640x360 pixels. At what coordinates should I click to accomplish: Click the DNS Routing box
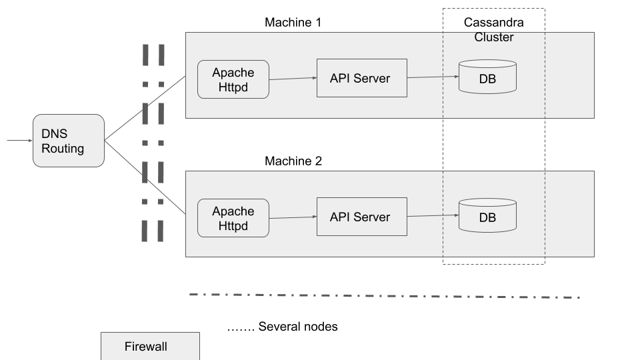(x=69, y=141)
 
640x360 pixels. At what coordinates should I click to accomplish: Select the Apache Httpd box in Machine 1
(x=233, y=80)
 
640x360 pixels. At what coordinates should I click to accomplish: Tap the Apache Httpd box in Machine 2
(x=233, y=218)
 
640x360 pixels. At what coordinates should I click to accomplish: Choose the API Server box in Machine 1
(x=361, y=78)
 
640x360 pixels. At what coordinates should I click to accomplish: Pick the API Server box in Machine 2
(x=361, y=217)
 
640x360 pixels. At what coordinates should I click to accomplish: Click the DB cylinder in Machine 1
(x=487, y=77)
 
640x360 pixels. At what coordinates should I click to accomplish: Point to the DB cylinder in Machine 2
(x=487, y=215)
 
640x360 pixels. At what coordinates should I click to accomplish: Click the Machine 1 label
(x=293, y=23)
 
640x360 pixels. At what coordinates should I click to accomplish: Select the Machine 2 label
(x=293, y=161)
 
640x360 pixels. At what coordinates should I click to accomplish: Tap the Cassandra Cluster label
(x=494, y=30)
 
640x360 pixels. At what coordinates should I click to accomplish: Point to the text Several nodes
(x=283, y=327)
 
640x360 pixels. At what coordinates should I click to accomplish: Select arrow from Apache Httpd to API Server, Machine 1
(x=293, y=78)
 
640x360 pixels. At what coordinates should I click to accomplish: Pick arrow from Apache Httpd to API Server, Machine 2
(x=293, y=217)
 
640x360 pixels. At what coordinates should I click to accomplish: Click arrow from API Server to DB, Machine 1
(x=433, y=77)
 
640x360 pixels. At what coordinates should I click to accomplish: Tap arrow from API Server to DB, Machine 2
(x=433, y=216)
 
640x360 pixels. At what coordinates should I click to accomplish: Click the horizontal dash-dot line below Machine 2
(x=385, y=295)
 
